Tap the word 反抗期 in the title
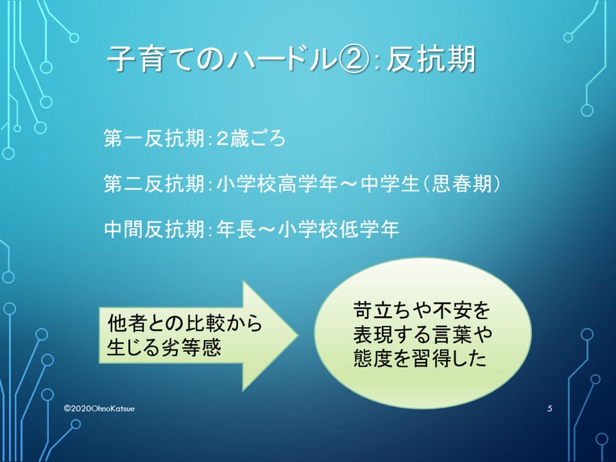click(x=431, y=60)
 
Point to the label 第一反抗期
click(x=155, y=138)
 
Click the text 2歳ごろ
click(x=251, y=138)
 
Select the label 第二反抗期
click(x=155, y=184)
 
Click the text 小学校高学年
click(x=277, y=184)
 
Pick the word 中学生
click(x=390, y=184)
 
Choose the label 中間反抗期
click(x=155, y=229)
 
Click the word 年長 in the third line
click(x=236, y=229)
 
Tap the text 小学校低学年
click(x=338, y=229)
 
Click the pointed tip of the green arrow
click(x=298, y=335)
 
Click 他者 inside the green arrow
click(x=127, y=323)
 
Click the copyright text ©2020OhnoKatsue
click(x=99, y=409)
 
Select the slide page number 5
click(x=550, y=409)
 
